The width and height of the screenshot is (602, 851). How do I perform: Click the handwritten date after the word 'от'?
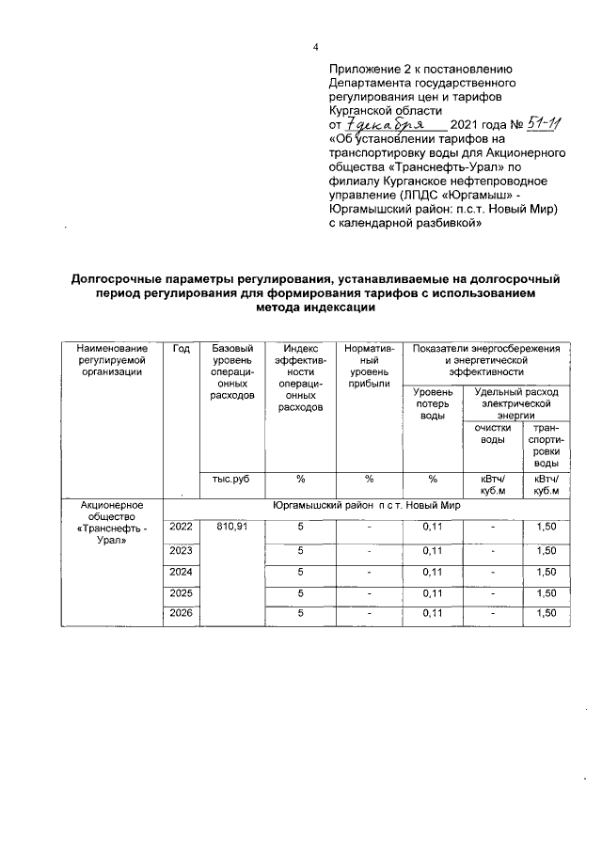click(386, 124)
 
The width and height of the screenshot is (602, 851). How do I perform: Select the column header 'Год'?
click(182, 349)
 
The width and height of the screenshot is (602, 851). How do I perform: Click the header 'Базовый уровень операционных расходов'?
click(232, 372)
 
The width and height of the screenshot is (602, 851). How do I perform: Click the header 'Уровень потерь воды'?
click(433, 403)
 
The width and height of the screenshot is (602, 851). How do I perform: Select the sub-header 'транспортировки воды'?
click(545, 446)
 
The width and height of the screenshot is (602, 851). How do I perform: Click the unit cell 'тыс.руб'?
click(231, 479)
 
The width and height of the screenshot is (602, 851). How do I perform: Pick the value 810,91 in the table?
click(232, 527)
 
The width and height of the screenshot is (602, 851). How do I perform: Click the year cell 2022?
click(182, 527)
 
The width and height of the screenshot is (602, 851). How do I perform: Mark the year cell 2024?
click(182, 571)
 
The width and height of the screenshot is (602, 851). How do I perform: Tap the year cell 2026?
click(182, 614)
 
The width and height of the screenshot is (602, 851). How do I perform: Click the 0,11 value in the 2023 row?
click(433, 549)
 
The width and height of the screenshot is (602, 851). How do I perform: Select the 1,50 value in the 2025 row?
click(545, 592)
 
